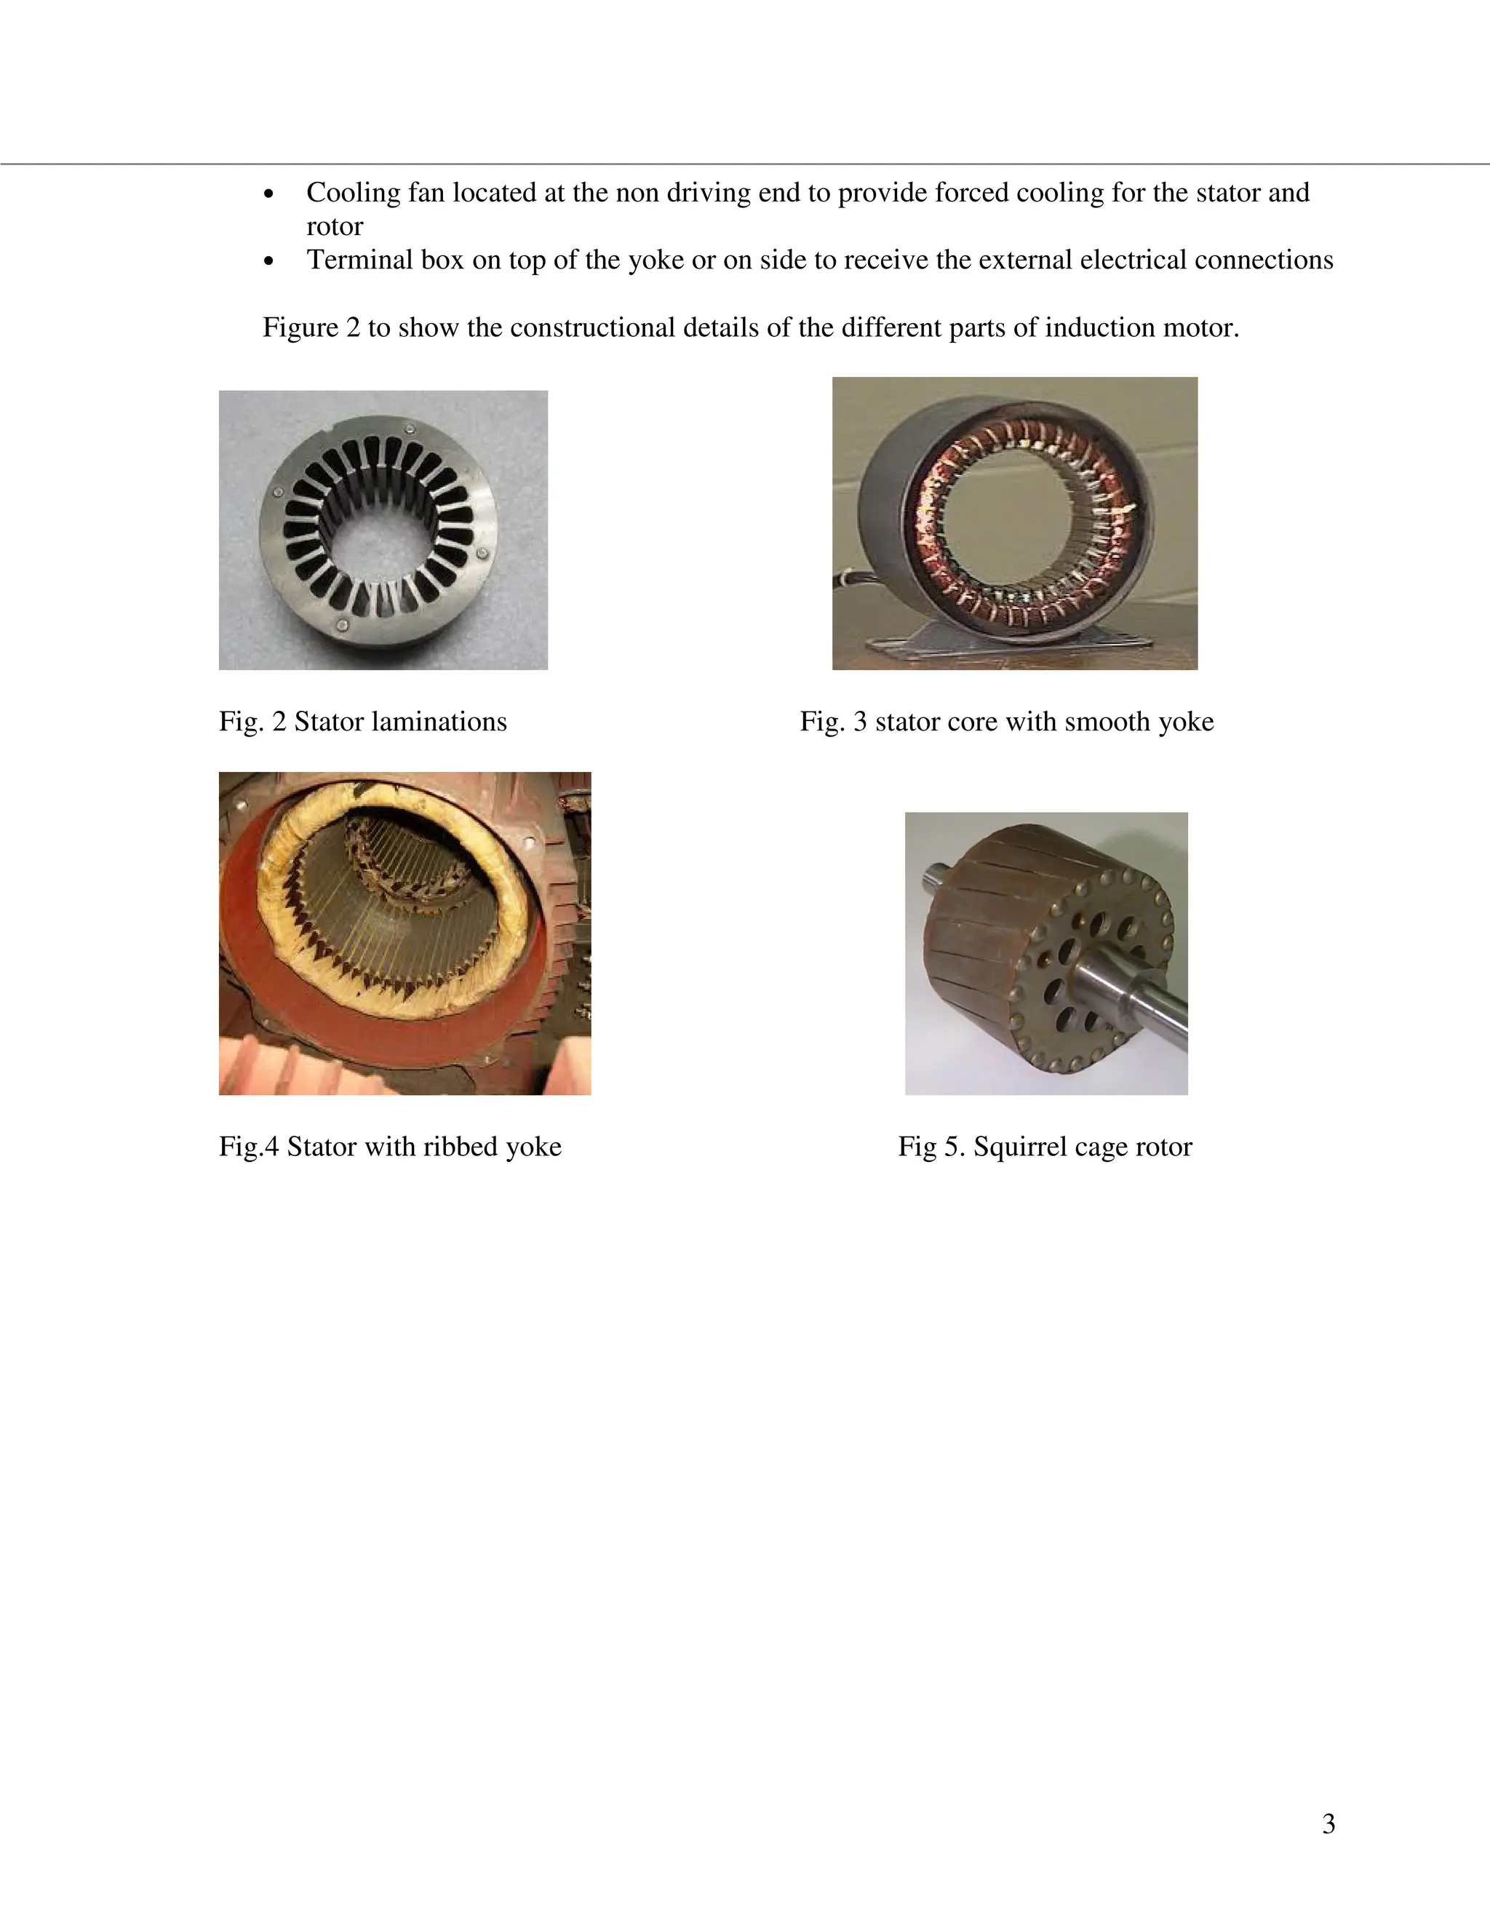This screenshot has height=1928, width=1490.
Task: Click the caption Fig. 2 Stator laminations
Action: (x=363, y=722)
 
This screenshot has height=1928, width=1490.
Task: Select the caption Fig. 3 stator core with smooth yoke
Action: (x=1006, y=722)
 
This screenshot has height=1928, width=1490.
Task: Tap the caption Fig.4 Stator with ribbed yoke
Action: (x=390, y=1147)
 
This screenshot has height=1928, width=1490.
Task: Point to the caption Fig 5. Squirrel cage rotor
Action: (x=1045, y=1147)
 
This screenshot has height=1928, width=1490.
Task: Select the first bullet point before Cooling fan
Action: (x=270, y=194)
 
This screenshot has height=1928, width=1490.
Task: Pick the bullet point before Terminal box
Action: (x=270, y=262)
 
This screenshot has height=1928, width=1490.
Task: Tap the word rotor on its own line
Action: (x=335, y=227)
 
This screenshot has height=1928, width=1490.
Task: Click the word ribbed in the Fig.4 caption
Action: (x=459, y=1147)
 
